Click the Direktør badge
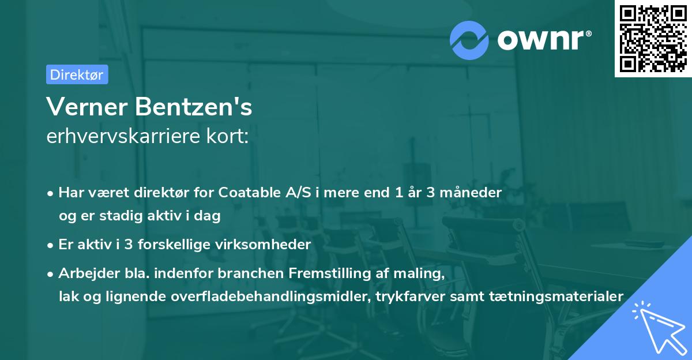pyautogui.click(x=77, y=74)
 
